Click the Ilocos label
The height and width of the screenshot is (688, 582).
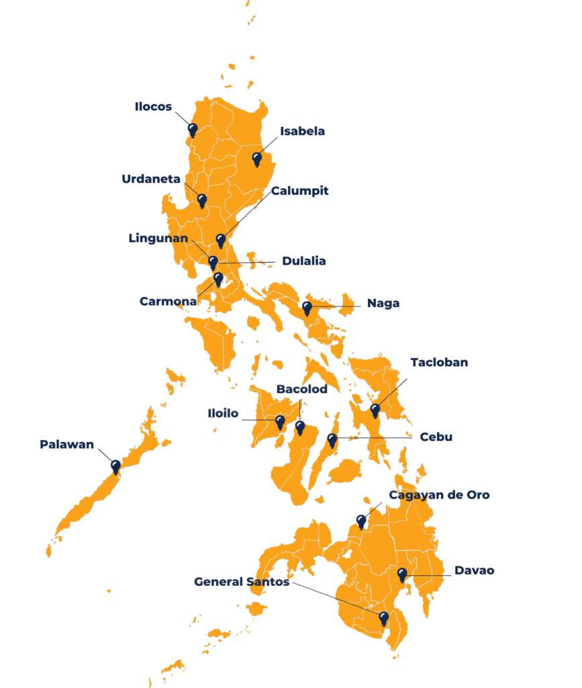click(x=154, y=107)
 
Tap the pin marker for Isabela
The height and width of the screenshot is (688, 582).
click(x=256, y=159)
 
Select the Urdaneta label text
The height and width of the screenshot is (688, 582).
click(x=151, y=179)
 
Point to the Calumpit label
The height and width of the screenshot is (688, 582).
click(x=300, y=191)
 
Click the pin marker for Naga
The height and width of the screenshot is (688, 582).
click(x=307, y=308)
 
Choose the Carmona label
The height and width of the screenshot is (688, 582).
click(x=168, y=301)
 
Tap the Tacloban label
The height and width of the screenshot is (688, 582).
click(x=439, y=362)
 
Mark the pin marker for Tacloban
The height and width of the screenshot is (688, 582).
click(x=375, y=410)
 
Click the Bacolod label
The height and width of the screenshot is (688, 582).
click(x=301, y=389)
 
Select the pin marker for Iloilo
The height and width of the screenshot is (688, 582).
click(x=281, y=422)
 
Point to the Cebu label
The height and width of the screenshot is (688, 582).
click(x=436, y=437)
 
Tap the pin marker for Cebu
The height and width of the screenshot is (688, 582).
click(x=332, y=440)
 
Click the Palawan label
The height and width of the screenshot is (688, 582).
click(x=66, y=444)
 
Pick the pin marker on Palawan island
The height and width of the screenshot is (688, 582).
click(x=115, y=466)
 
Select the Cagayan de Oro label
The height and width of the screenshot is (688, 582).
click(x=439, y=495)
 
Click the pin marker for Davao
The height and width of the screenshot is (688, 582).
click(x=402, y=574)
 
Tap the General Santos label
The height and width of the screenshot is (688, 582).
click(x=242, y=581)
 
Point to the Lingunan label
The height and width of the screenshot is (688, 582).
click(x=158, y=239)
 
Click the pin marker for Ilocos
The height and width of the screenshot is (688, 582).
click(x=193, y=129)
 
